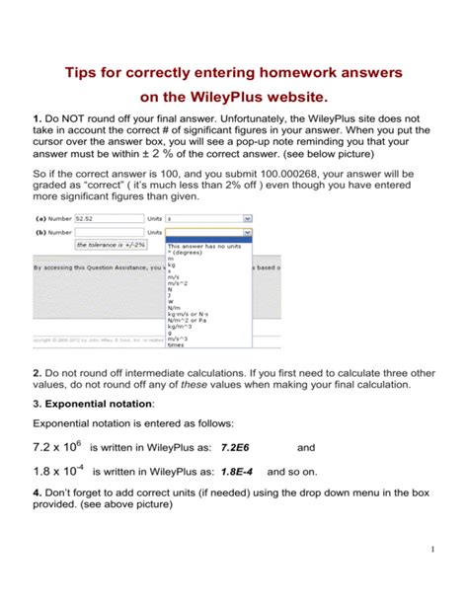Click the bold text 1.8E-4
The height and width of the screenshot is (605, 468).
tap(239, 472)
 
